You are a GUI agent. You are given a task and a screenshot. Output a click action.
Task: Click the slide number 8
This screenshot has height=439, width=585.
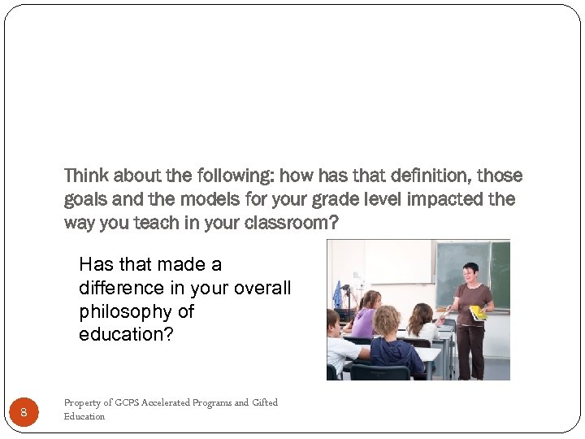(24, 413)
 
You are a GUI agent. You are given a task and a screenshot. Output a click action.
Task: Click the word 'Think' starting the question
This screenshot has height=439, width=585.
(85, 176)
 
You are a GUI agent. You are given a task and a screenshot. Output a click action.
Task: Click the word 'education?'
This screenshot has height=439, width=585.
(126, 335)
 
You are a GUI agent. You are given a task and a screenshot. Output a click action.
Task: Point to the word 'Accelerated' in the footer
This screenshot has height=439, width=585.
(169, 402)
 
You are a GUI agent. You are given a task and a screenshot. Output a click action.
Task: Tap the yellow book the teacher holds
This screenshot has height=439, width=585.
(478, 312)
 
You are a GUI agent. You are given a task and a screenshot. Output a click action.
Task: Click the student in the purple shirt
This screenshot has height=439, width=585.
(365, 317)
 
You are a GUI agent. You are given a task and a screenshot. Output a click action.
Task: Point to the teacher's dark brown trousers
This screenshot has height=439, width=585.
(470, 350)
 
